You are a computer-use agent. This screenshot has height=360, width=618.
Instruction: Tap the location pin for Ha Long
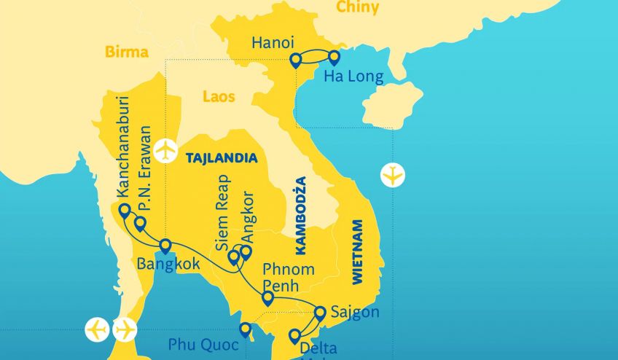point(334,58)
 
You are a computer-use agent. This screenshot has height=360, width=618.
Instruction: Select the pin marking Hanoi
point(295,60)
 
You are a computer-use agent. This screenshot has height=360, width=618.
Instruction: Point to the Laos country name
point(219,95)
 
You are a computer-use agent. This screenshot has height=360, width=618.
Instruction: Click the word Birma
point(127,52)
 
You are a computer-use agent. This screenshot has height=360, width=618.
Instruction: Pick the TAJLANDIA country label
point(222,157)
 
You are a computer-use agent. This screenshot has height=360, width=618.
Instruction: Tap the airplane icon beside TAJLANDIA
point(167,150)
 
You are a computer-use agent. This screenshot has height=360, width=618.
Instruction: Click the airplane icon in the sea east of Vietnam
point(393,176)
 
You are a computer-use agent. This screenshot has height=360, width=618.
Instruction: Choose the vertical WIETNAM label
point(356,250)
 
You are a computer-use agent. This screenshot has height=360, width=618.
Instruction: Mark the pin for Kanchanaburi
point(125,211)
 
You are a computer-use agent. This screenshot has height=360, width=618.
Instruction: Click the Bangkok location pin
point(165,246)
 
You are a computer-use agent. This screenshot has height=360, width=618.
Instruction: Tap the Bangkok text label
point(168,265)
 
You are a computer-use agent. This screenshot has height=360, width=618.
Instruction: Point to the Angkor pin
point(246,252)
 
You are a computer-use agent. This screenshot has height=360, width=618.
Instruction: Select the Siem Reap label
point(224,208)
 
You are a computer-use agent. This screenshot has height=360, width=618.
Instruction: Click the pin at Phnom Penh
point(267,297)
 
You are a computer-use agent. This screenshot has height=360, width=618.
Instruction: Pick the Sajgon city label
point(355,313)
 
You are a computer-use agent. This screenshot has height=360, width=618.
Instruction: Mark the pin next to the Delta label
point(294,336)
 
